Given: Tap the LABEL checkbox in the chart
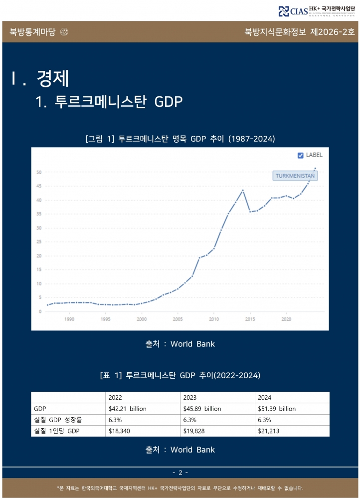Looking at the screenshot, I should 300,155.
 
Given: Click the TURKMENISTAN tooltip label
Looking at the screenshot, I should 296,176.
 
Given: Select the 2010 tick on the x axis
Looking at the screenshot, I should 214,318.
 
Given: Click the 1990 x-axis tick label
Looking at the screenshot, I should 69,318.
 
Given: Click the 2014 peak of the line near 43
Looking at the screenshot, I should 243,190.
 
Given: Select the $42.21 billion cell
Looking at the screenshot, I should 127,409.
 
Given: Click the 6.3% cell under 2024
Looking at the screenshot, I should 265,420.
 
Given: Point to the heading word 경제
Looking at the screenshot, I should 52,77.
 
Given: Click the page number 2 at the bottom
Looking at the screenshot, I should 180,472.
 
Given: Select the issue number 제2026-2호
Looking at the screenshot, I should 332,32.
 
